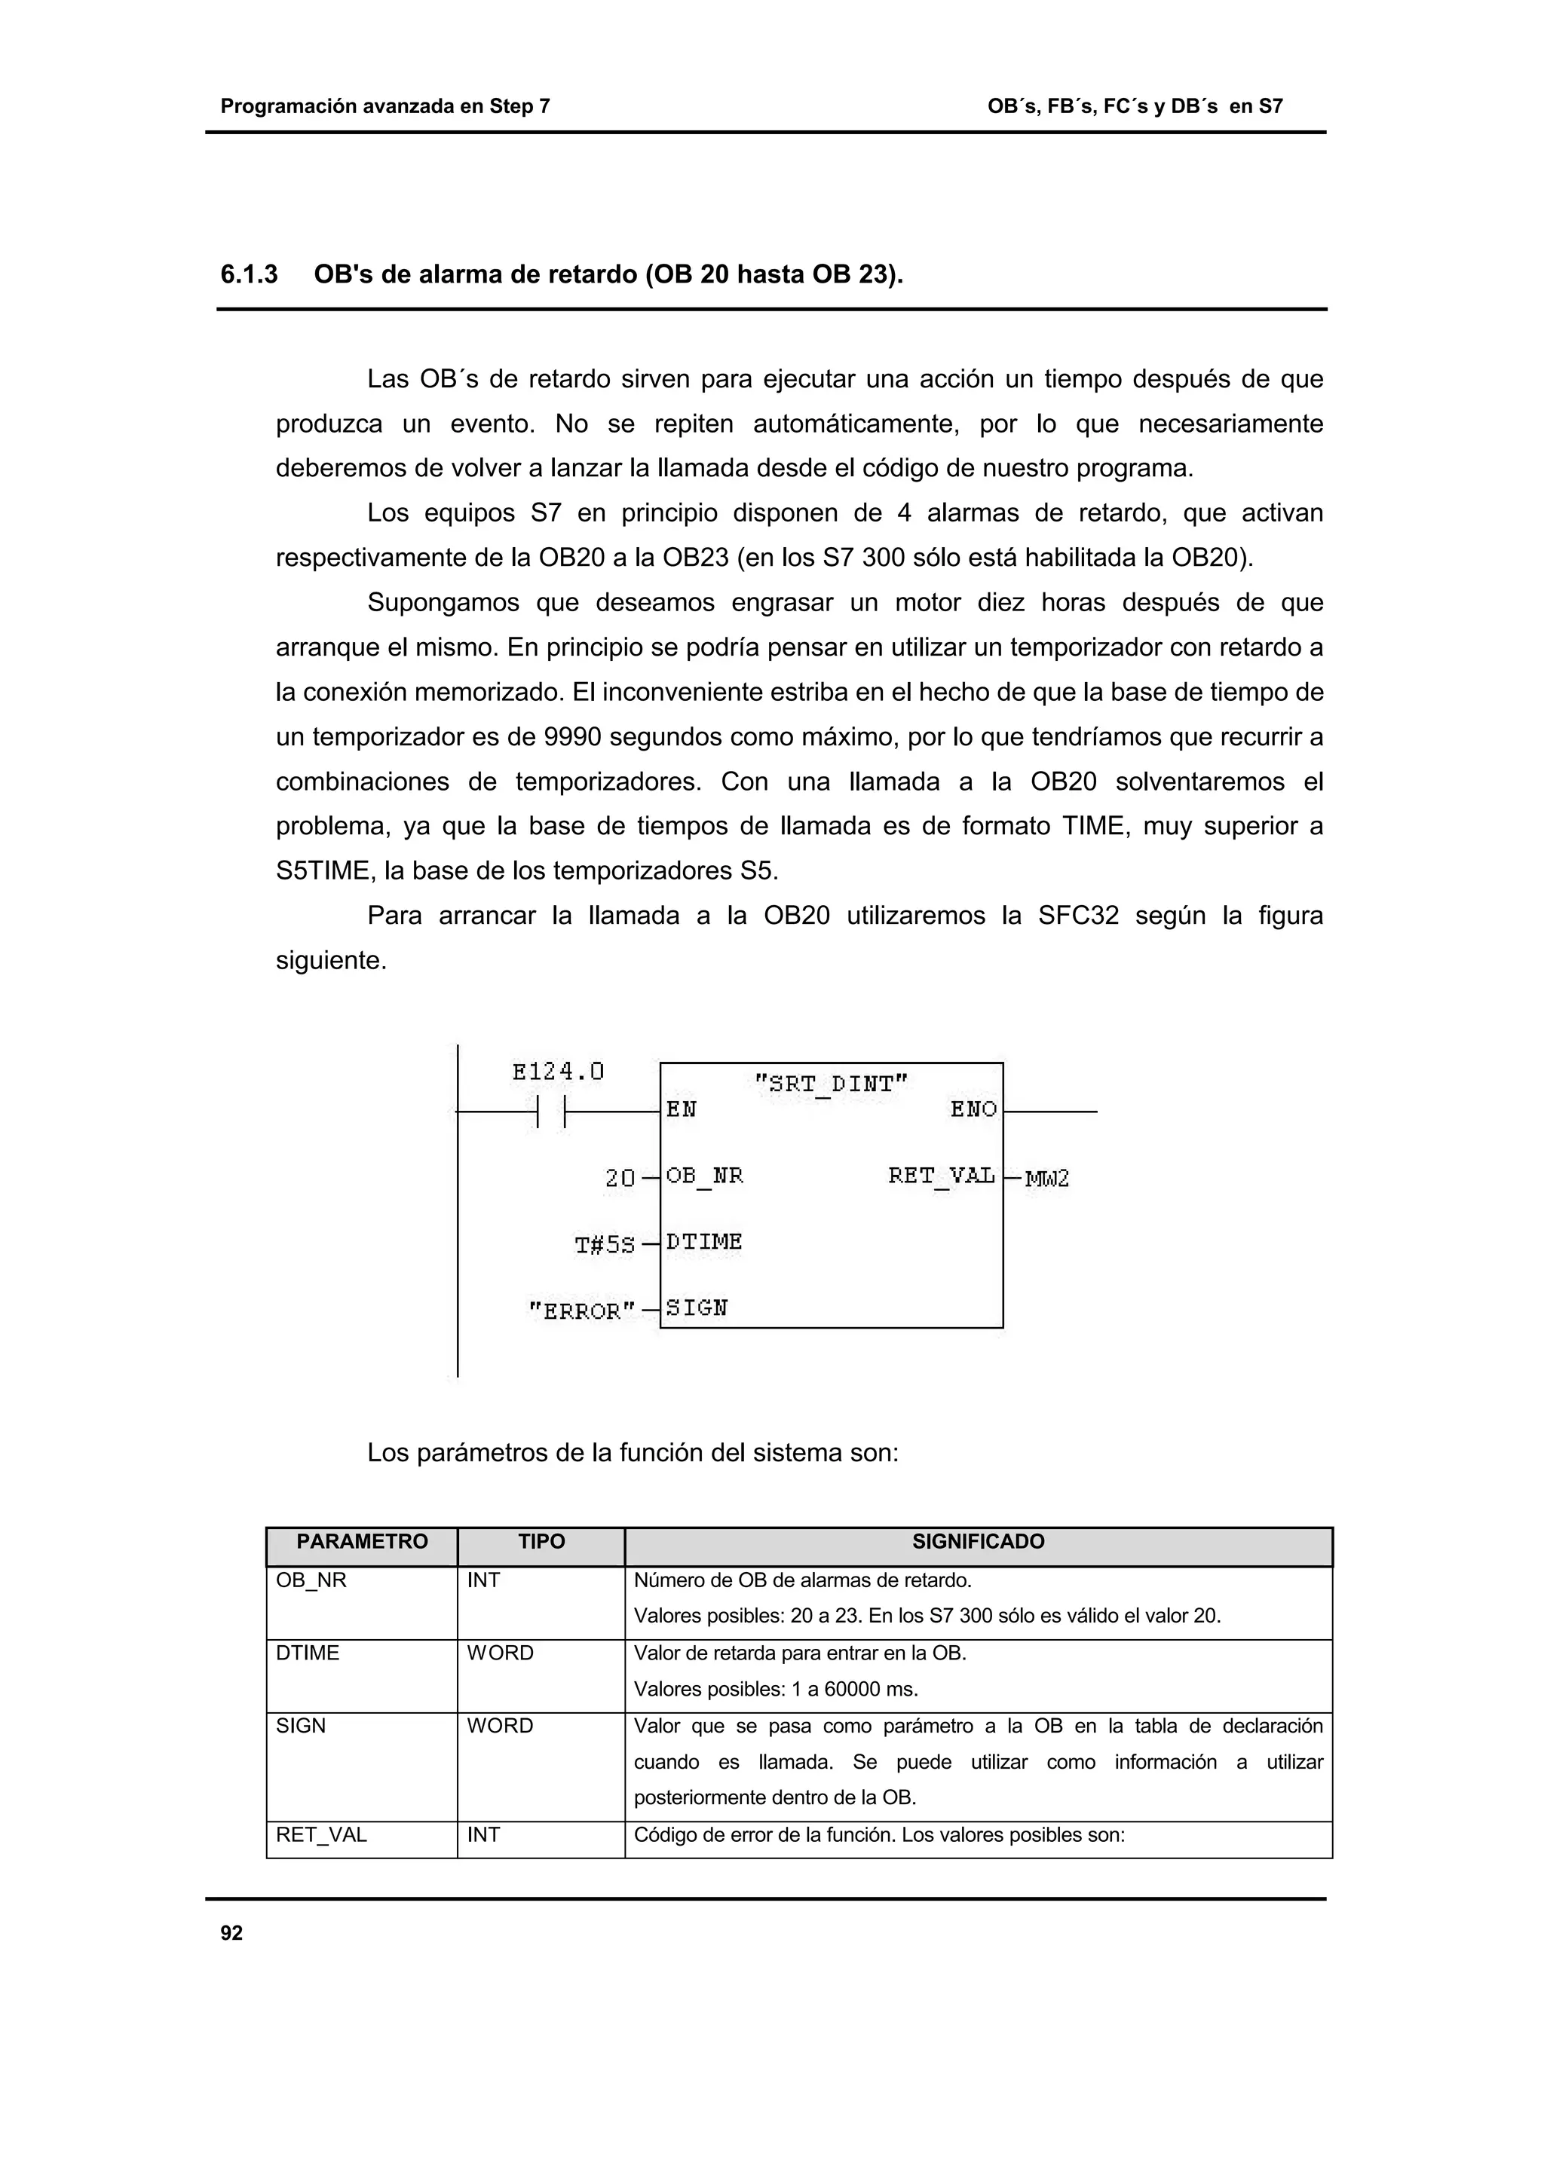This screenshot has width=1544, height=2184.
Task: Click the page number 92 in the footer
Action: pos(231,1933)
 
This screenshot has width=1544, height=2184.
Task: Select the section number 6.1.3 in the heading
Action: pos(250,275)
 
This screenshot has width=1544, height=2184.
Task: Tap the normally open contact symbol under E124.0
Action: pos(551,1111)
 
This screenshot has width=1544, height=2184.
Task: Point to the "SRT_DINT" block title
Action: pos(831,1084)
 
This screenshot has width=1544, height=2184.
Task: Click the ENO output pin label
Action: pos(973,1109)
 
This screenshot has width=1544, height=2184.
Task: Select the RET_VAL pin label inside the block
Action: pos(941,1176)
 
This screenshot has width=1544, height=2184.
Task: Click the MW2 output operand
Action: pos(1046,1179)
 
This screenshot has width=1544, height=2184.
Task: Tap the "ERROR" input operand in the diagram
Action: pos(581,1311)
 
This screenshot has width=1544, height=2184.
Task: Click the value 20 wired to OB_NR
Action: pos(619,1179)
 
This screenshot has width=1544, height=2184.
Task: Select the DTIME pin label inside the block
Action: pos(704,1242)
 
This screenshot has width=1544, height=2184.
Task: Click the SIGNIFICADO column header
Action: pos(978,1542)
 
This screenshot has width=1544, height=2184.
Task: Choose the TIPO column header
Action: pos(541,1542)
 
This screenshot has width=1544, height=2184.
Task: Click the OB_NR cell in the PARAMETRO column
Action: pos(311,1581)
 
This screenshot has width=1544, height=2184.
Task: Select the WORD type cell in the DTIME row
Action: pos(501,1653)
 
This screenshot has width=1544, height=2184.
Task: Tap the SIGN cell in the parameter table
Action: pos(301,1726)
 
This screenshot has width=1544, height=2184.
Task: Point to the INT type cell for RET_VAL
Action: pos(483,1835)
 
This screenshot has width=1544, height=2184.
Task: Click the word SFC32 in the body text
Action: pos(1078,916)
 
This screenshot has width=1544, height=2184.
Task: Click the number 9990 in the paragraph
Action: pos(571,737)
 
